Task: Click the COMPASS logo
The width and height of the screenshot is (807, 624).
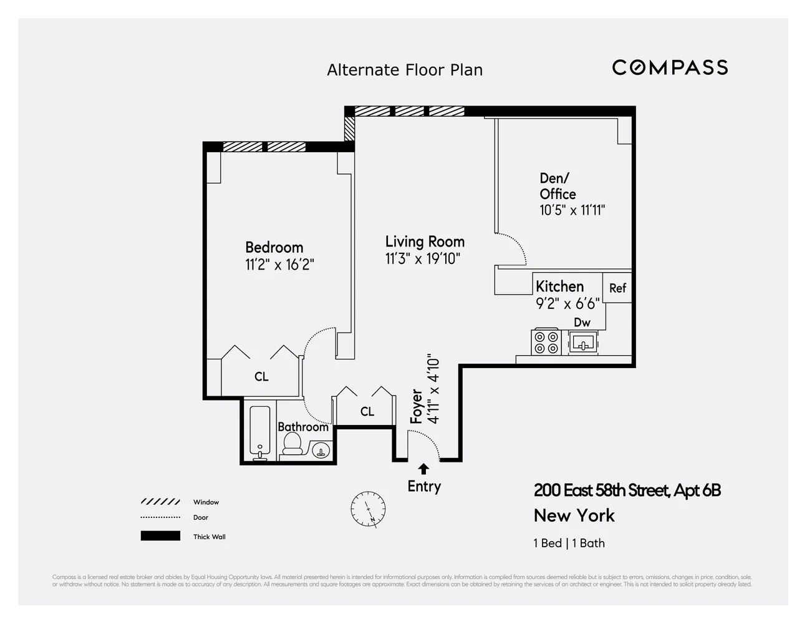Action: tap(670, 67)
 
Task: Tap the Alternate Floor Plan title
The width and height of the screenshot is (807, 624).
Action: tap(405, 70)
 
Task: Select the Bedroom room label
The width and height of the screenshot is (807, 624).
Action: tap(274, 248)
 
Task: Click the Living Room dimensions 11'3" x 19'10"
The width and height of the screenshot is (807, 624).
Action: tap(422, 258)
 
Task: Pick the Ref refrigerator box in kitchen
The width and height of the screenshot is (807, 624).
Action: tap(617, 288)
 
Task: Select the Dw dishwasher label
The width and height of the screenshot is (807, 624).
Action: tap(582, 322)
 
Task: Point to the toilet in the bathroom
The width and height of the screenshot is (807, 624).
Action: tap(292, 444)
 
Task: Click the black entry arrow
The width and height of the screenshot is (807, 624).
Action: tap(423, 469)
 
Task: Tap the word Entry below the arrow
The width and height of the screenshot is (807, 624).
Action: tap(424, 486)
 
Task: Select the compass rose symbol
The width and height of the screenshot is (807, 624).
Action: tap(368, 508)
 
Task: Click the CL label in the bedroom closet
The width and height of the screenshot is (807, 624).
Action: tap(261, 376)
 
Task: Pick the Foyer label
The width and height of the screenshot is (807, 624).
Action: tap(417, 406)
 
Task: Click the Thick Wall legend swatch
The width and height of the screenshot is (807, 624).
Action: tap(160, 536)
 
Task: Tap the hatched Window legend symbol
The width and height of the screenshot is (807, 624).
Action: tap(160, 502)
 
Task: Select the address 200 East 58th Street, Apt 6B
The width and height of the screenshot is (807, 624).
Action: tap(627, 490)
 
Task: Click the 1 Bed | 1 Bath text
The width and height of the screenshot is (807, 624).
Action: tap(569, 543)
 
